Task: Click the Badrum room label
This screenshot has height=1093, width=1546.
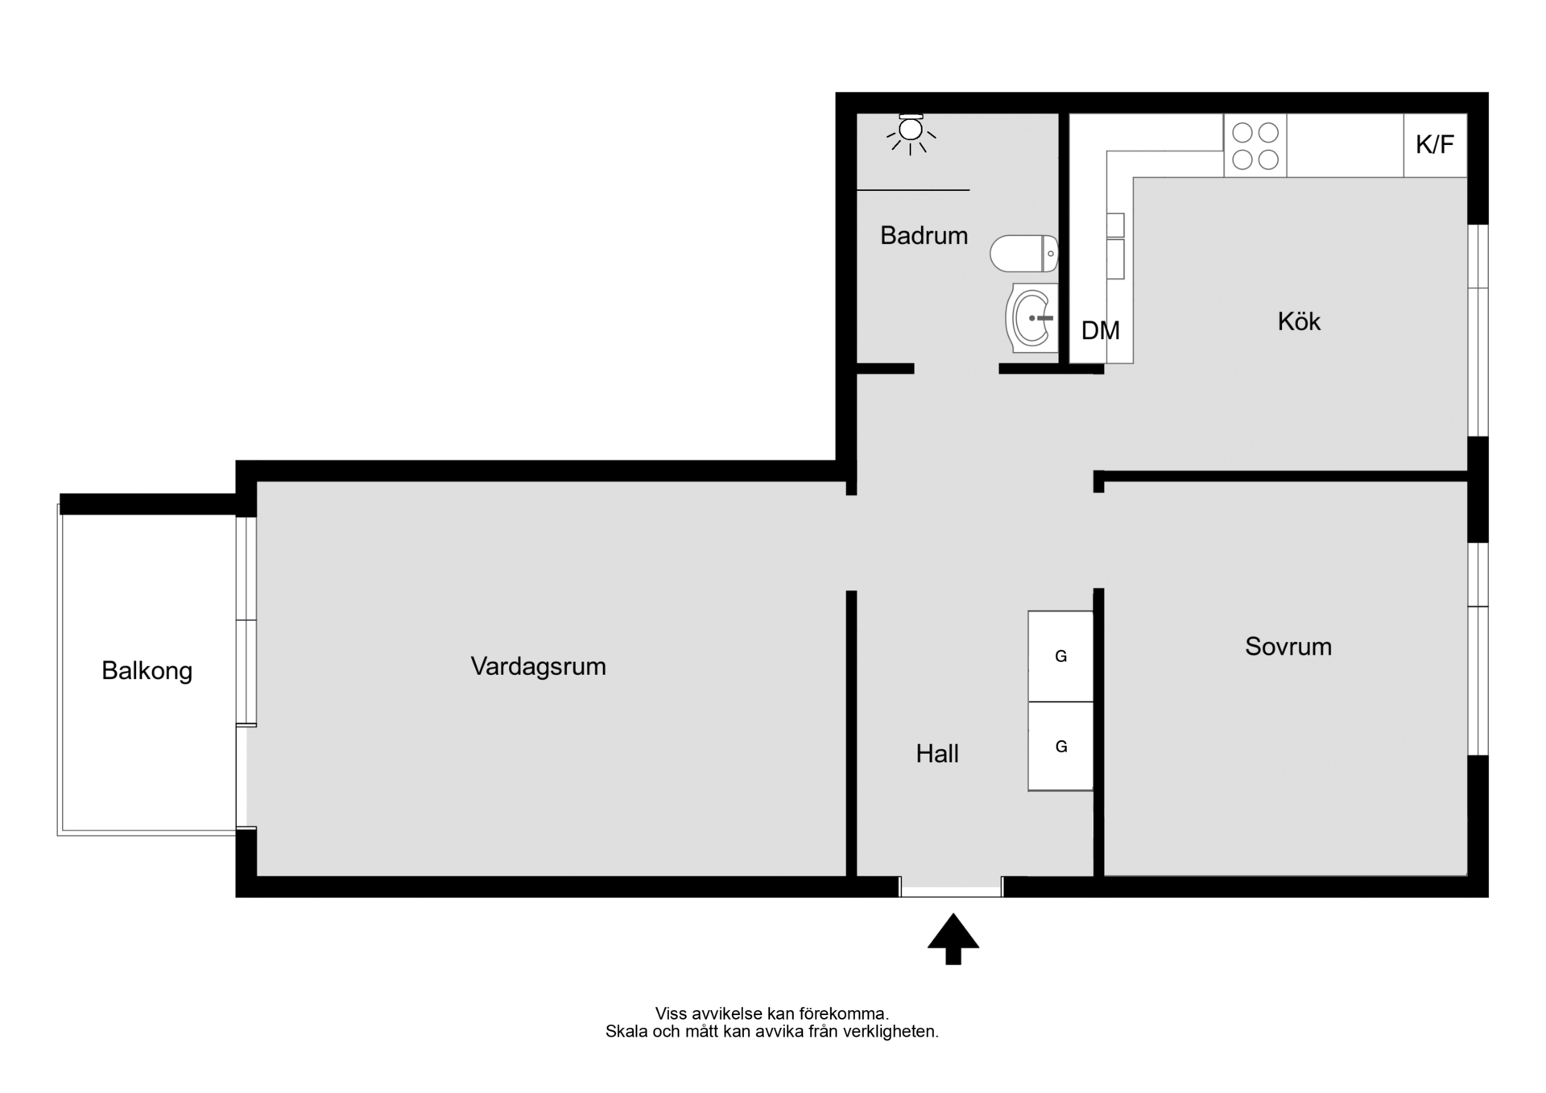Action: coord(924,235)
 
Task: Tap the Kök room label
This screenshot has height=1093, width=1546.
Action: coord(1299,321)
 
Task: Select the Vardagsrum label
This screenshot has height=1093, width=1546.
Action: coord(538,666)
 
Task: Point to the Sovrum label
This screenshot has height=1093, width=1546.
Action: coord(1288,646)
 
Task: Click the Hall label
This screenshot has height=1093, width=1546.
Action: coord(937,754)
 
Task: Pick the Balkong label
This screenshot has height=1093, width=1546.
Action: coord(147,671)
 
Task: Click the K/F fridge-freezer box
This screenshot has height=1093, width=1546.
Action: coord(1435,145)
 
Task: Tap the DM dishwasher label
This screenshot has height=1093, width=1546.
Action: coord(1100,330)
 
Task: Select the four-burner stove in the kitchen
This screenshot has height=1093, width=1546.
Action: coord(1255,145)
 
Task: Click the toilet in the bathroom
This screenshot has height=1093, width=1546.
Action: coord(1023,254)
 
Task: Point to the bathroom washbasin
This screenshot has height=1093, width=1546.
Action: coord(1031,317)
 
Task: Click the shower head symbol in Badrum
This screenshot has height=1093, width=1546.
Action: coord(911,134)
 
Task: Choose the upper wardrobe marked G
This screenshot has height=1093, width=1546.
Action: coord(1060,656)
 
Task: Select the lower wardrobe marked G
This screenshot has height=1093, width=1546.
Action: coord(1060,747)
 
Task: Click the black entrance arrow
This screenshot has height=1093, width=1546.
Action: coord(953,939)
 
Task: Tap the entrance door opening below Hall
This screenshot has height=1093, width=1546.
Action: coord(951,888)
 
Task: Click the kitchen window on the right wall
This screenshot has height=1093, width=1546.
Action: coord(1478,330)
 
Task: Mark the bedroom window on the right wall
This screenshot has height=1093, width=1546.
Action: coord(1478,649)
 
